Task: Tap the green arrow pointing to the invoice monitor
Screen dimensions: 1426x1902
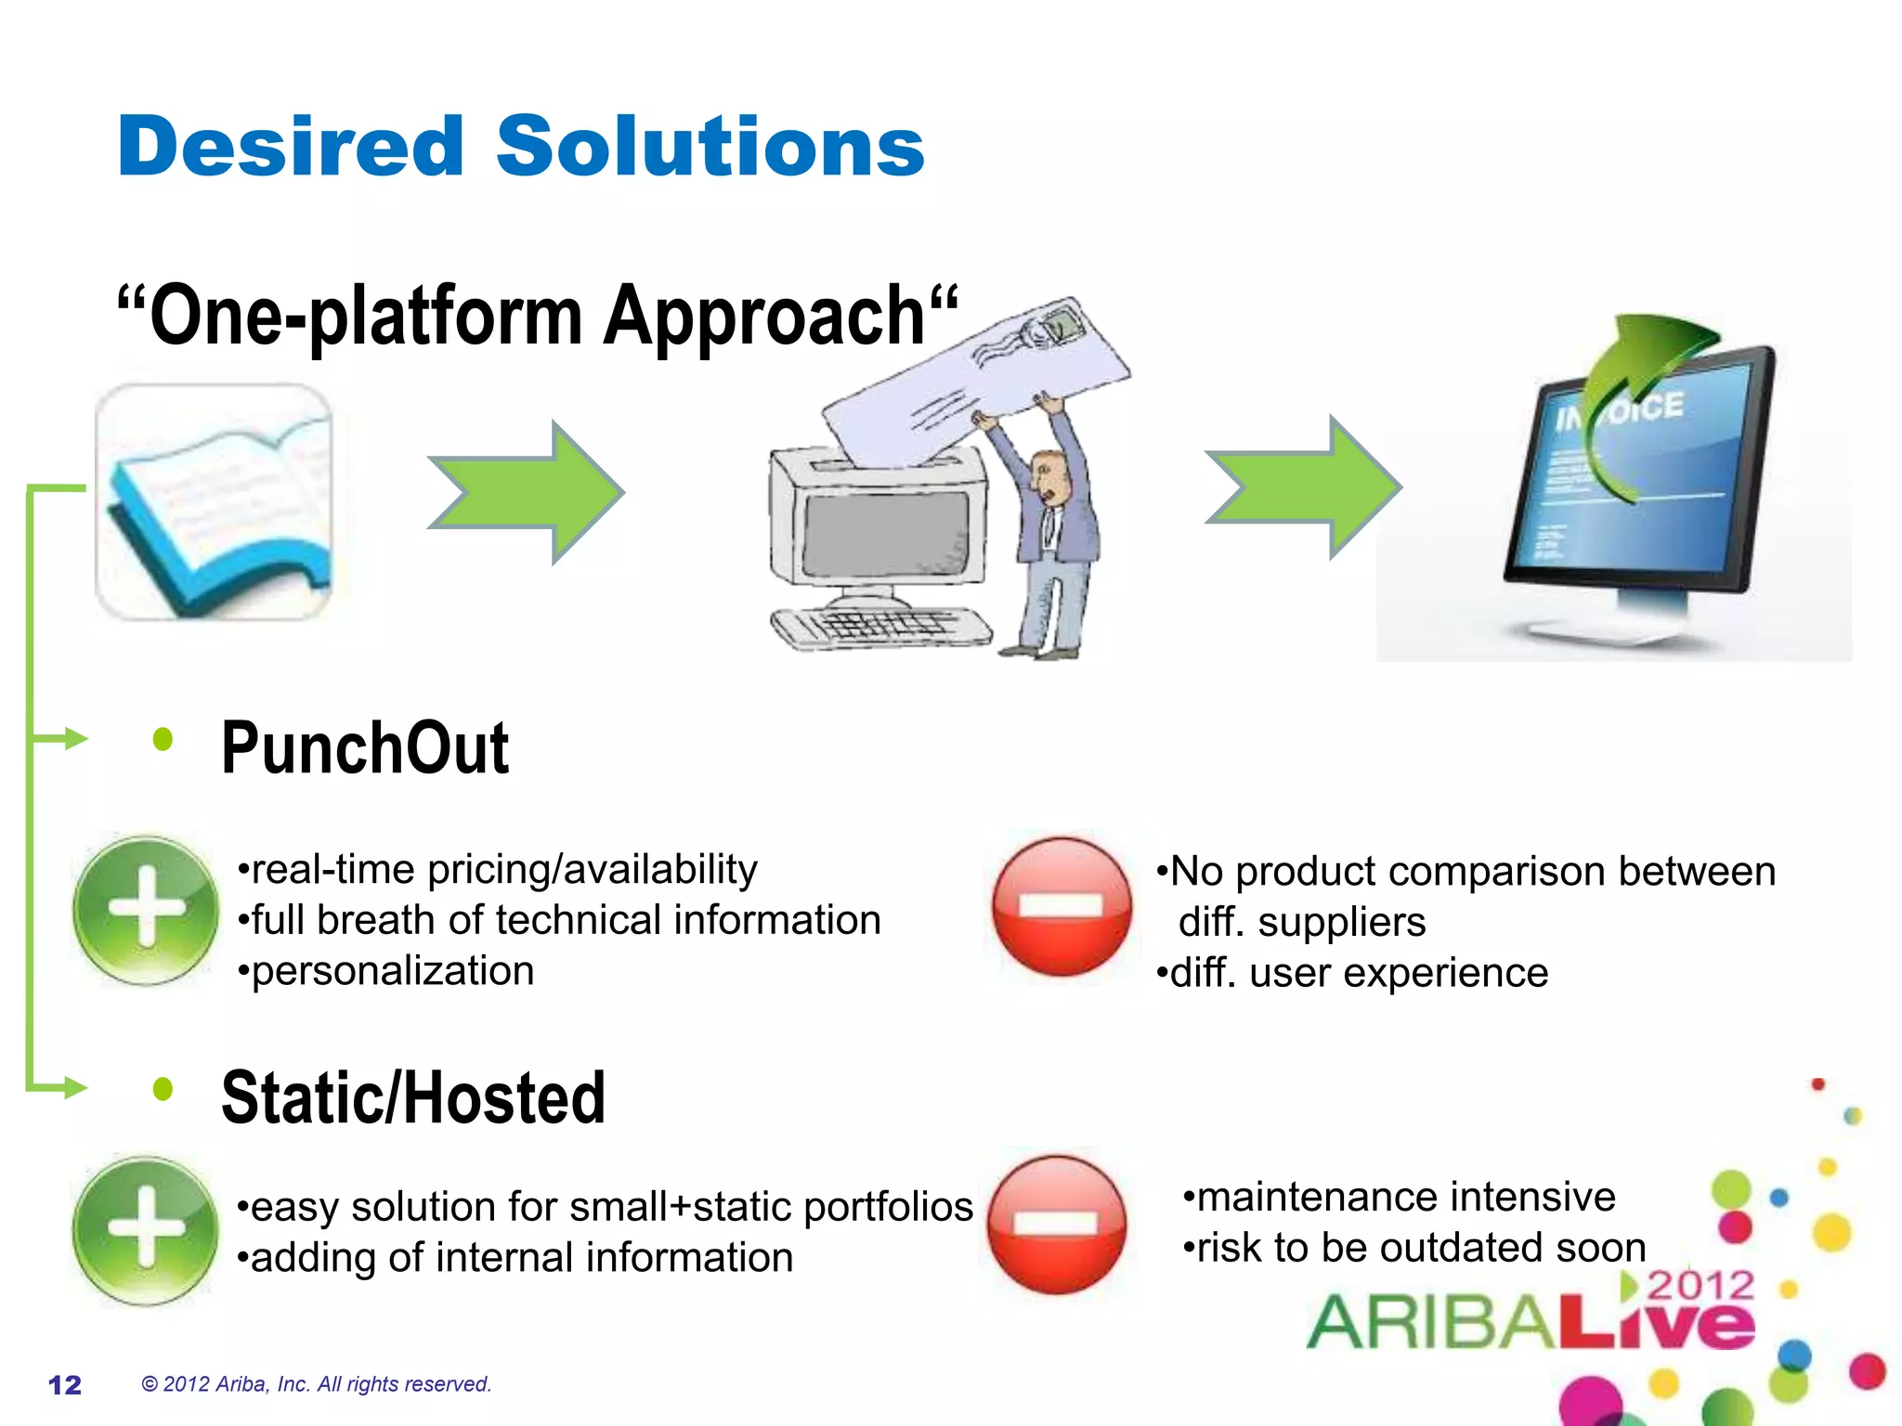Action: click(1305, 487)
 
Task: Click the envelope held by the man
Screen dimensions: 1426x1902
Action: click(975, 381)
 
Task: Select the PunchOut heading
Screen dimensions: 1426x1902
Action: click(364, 748)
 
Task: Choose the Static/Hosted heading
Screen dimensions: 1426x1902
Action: click(413, 1098)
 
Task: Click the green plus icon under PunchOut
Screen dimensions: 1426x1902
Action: click(146, 909)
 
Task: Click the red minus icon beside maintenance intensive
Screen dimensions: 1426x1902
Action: click(1057, 1225)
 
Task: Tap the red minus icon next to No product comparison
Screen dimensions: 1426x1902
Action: click(1062, 906)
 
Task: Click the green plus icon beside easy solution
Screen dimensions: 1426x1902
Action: click(146, 1229)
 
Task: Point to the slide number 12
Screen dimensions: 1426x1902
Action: click(65, 1385)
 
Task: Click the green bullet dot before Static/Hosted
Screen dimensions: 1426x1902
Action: click(163, 1089)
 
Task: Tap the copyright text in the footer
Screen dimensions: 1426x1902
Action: click(316, 1384)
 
